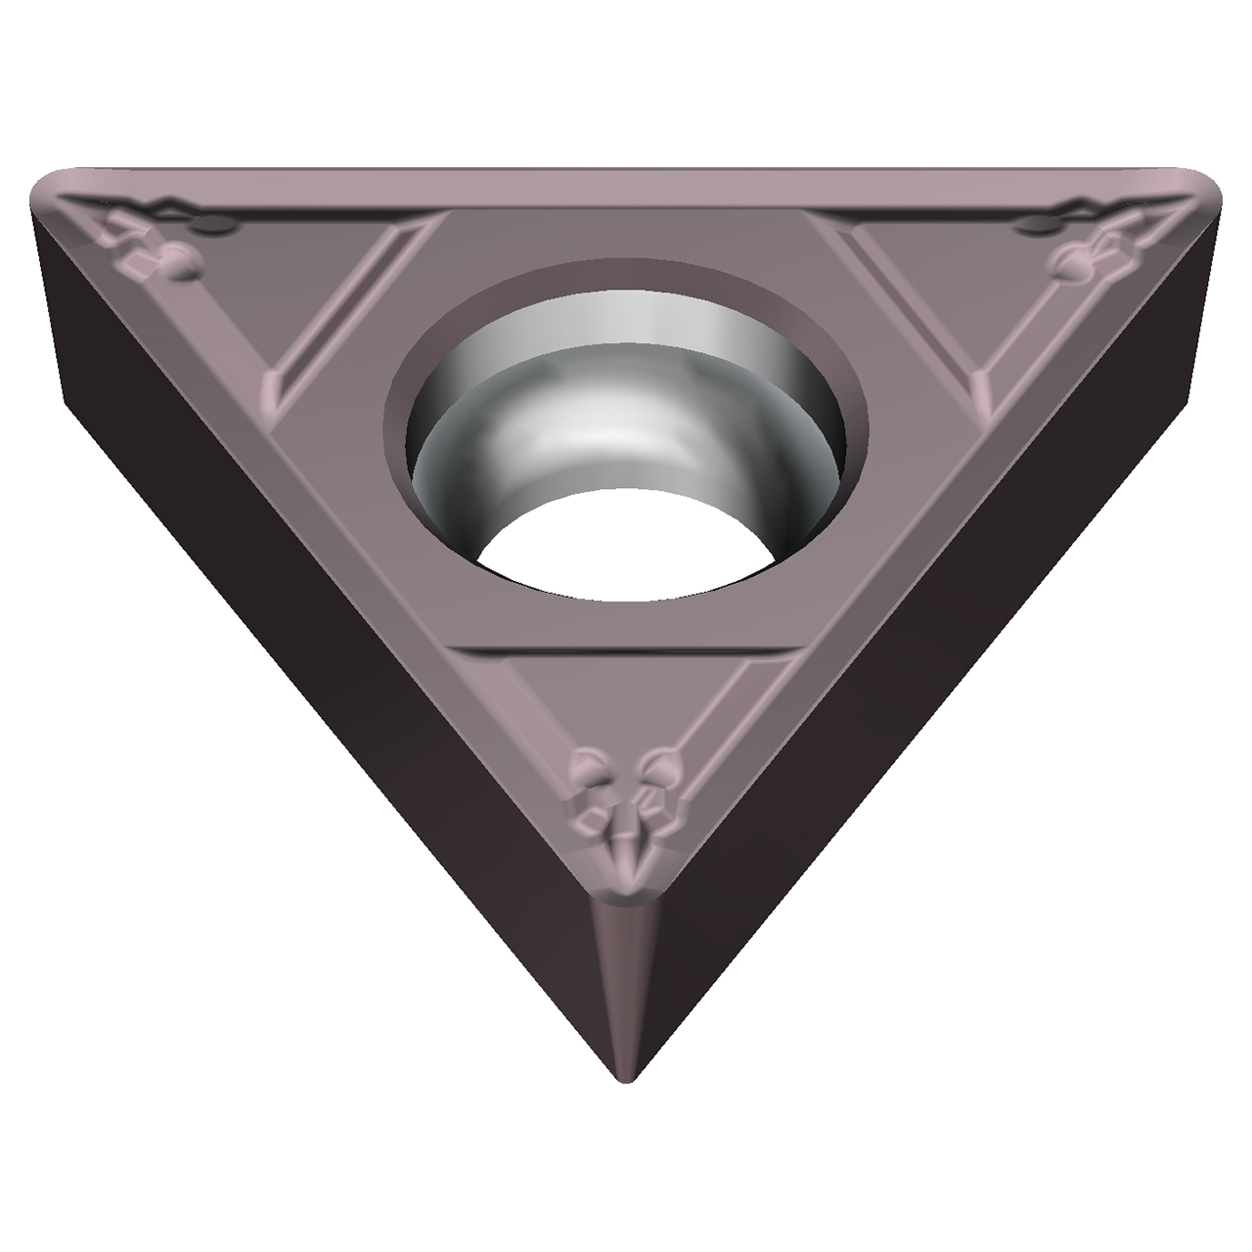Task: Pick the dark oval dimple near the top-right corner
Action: click(x=1035, y=227)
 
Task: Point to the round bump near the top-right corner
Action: click(x=1068, y=261)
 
